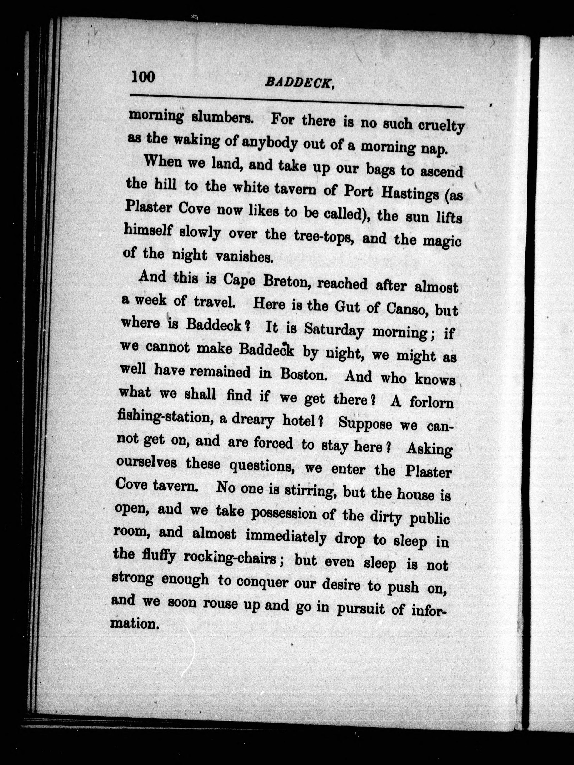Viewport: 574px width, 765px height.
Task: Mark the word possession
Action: pyautogui.click(x=284, y=513)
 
